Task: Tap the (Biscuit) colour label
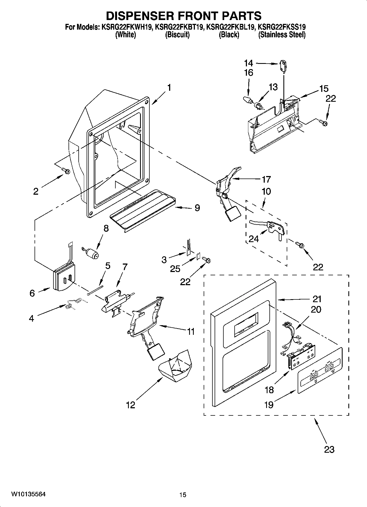(177, 35)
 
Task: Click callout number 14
(248, 63)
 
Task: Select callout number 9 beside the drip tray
(197, 208)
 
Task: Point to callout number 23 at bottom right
(329, 449)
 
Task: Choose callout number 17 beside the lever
(266, 179)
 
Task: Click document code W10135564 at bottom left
(28, 494)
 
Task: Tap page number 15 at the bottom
(183, 495)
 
